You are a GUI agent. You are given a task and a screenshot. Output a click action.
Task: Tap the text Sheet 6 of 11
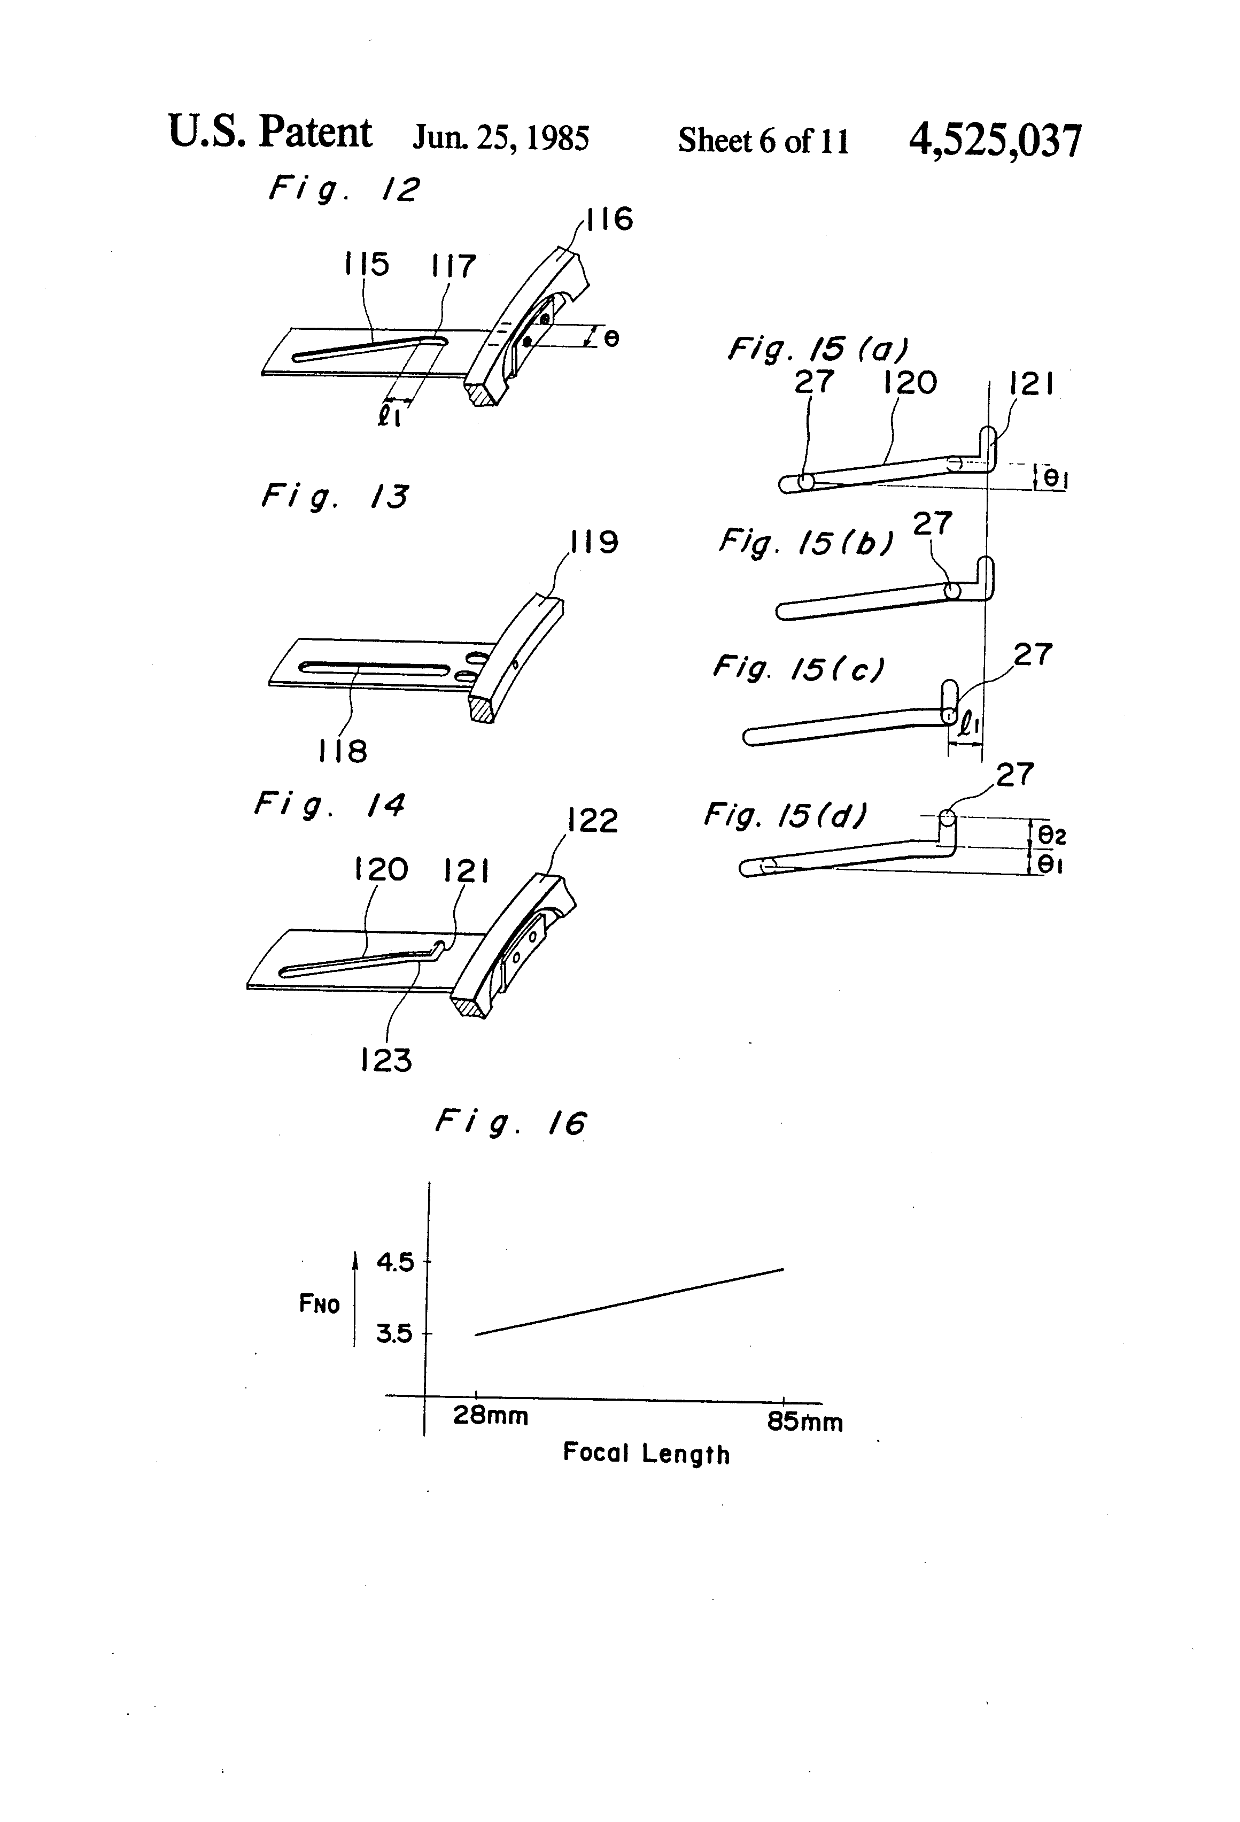(x=763, y=141)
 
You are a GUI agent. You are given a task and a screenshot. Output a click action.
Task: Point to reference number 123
(x=386, y=1061)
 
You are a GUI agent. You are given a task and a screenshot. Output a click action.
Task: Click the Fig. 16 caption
(x=511, y=1123)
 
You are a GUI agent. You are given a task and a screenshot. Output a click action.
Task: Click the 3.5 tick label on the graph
(x=394, y=1333)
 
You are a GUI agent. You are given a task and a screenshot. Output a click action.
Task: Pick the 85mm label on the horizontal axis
(x=805, y=1422)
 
